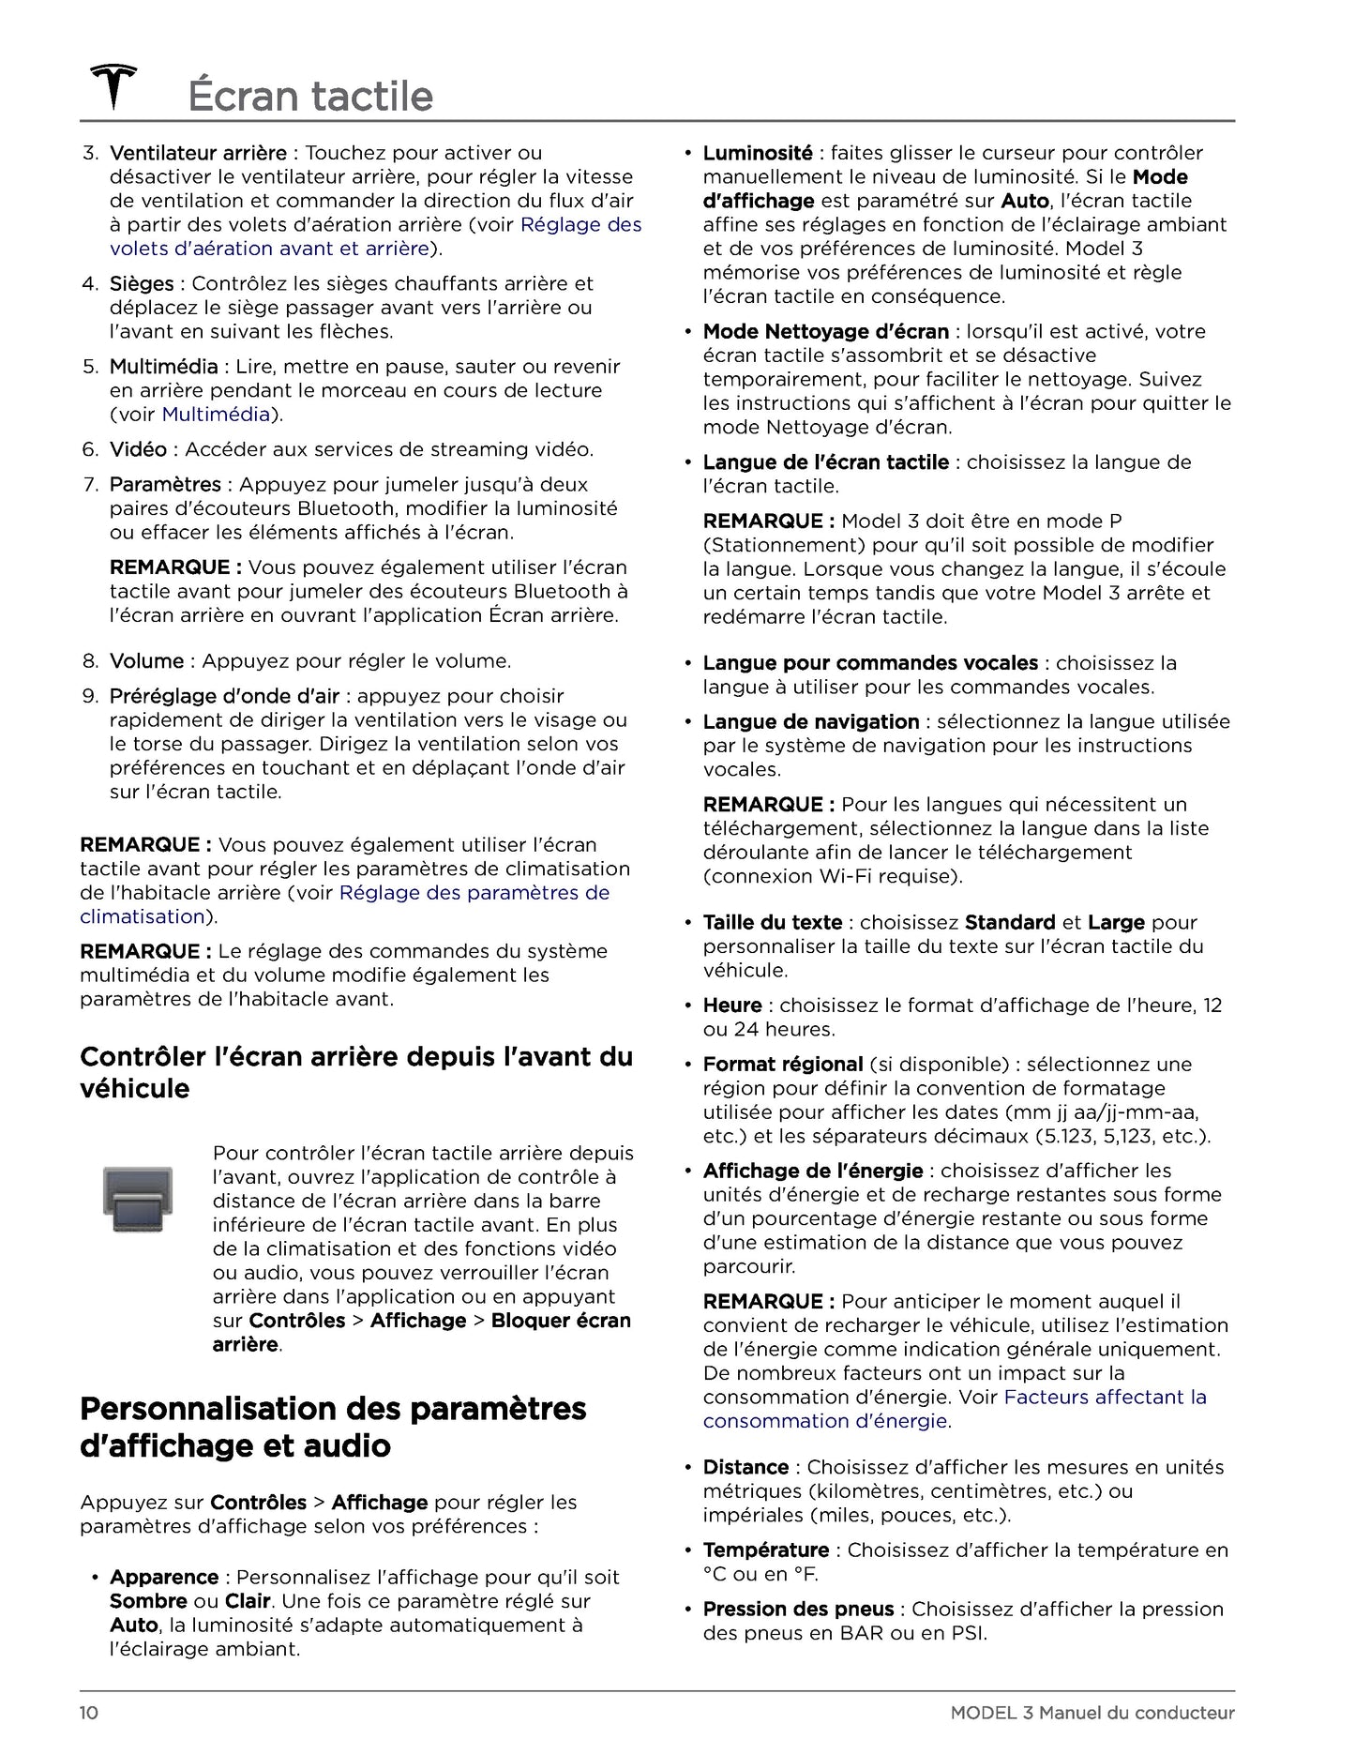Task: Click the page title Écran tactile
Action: (x=310, y=97)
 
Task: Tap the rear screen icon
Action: (x=138, y=1199)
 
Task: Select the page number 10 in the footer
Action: (x=89, y=1713)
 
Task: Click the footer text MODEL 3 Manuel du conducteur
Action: (x=1092, y=1713)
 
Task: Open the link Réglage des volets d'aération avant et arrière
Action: (x=375, y=236)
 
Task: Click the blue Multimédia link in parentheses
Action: (x=216, y=414)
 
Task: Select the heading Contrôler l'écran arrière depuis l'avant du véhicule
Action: (x=356, y=1072)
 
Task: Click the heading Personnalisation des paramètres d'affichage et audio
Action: (x=333, y=1427)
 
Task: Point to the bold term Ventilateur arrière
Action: (x=198, y=153)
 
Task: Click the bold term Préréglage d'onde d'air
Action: (x=224, y=696)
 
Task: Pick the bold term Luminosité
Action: (x=758, y=153)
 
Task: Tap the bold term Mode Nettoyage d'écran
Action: (x=825, y=331)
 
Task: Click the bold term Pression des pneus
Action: (x=798, y=1609)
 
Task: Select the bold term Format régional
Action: (x=782, y=1064)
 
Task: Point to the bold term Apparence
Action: (x=164, y=1577)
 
